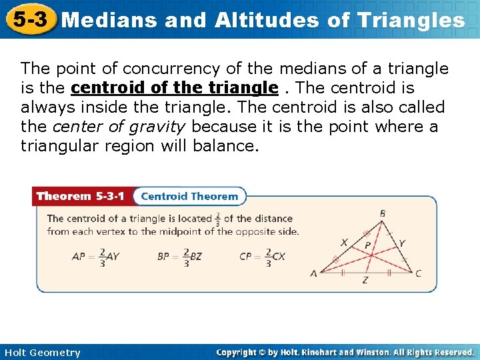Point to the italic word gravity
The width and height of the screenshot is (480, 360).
tap(159, 127)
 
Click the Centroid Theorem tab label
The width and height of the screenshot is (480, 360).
tap(189, 196)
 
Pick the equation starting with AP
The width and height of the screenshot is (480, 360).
tap(96, 257)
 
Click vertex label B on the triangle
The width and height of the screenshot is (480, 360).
tap(383, 213)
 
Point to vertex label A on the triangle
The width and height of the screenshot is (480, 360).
tap(313, 273)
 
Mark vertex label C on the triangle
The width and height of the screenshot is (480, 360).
tap(418, 273)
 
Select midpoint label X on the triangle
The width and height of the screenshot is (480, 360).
tap(343, 242)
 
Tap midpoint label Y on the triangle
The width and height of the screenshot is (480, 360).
tap(402, 243)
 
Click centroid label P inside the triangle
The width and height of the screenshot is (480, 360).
tap(367, 245)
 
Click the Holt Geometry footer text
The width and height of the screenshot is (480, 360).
tap(41, 353)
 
